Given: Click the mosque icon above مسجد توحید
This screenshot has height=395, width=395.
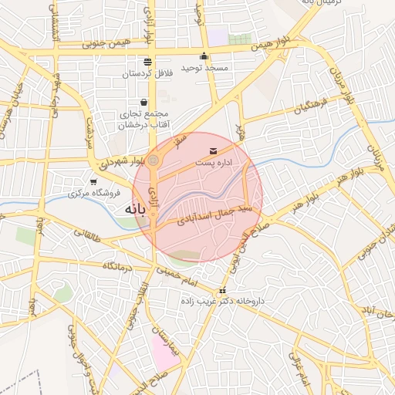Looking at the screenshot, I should tap(204, 56).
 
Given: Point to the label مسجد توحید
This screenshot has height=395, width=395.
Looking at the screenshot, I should tap(204, 68).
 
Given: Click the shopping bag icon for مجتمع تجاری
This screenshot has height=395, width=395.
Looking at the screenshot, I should tap(144, 102).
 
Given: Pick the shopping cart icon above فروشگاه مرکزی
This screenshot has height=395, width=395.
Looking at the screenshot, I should tap(93, 182).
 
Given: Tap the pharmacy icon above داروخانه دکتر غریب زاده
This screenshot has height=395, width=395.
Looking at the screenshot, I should tap(223, 291).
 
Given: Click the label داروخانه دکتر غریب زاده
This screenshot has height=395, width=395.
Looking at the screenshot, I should tap(222, 302).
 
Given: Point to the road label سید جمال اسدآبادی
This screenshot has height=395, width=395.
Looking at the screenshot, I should tap(213, 215).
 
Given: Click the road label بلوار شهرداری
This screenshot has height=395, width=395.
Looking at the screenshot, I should tap(122, 163).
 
